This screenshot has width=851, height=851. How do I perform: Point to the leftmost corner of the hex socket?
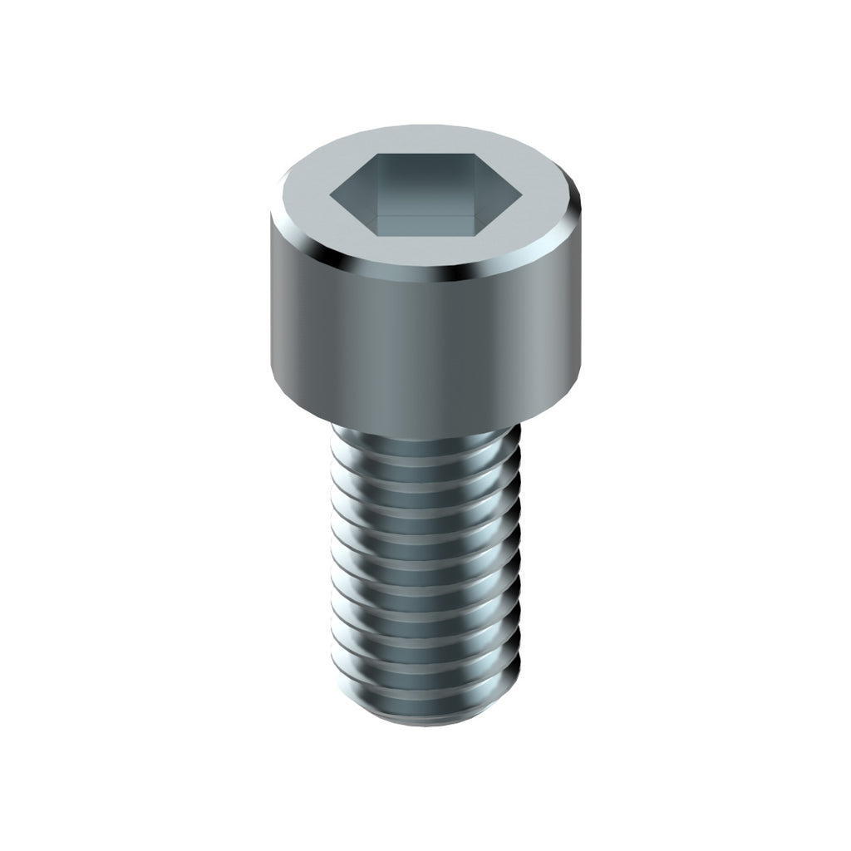click(x=331, y=196)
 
